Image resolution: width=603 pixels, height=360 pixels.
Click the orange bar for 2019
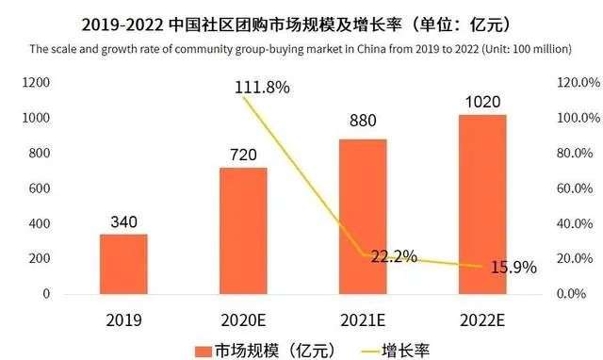123,264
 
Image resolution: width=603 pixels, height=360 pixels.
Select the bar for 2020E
243,231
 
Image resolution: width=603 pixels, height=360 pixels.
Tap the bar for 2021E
363,217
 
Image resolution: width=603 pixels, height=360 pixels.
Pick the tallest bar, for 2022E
482,205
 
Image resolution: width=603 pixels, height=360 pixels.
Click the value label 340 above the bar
123,222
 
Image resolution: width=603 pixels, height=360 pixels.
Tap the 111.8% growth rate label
262,88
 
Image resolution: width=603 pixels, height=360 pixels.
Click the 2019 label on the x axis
123,319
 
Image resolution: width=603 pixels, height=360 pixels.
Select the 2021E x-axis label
363,319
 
